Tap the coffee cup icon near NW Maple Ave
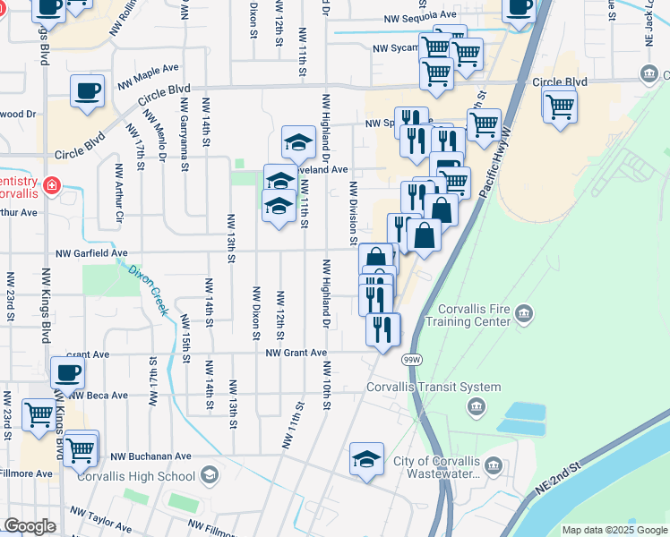coord(88,91)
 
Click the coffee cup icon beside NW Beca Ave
coord(67,373)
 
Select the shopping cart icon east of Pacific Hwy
coord(560,107)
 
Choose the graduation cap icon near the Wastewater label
coord(366,459)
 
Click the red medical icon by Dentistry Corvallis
coord(52,186)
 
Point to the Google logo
coord(29,526)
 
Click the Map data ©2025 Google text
coord(614,530)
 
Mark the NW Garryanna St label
coord(185,139)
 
